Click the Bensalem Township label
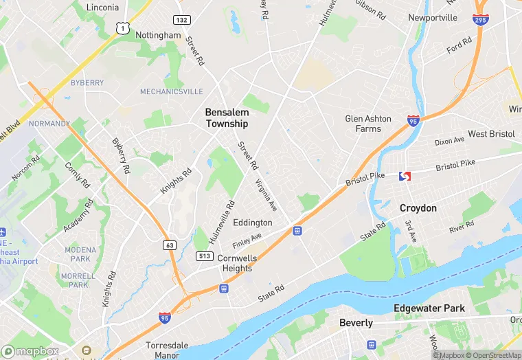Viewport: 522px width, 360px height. tap(227, 117)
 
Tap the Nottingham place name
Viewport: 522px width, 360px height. tap(158, 35)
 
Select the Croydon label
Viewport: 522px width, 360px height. tap(418, 207)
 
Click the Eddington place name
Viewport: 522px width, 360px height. tap(253, 223)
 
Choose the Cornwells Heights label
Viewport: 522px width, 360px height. tap(237, 263)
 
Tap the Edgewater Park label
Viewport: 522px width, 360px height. tap(429, 308)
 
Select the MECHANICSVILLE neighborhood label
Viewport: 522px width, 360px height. tap(172, 91)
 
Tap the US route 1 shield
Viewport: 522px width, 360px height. tap(122, 27)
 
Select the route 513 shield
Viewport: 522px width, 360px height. tap(204, 256)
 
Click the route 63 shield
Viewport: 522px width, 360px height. tap(169, 245)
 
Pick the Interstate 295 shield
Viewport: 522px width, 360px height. tap(481, 19)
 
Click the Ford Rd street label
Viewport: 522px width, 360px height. tap(459, 45)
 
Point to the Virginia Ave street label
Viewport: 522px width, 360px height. tap(266, 194)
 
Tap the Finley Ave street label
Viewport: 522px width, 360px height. tap(247, 241)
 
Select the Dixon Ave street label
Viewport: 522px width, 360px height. tap(449, 141)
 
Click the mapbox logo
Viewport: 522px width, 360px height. tap(30, 351)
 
